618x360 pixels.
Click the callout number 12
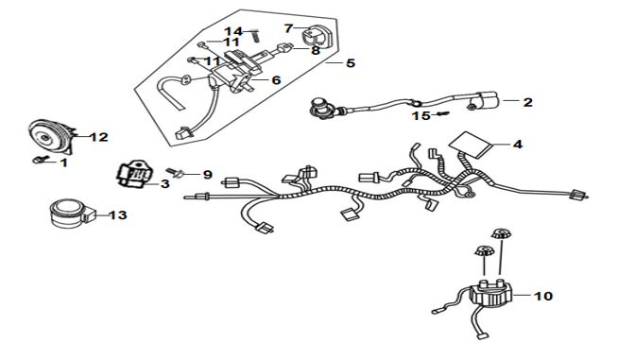[99, 137]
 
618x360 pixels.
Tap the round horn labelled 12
[50, 137]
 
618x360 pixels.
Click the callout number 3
[164, 183]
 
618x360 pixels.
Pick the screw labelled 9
[175, 172]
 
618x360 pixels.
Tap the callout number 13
[118, 215]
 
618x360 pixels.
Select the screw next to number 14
[255, 36]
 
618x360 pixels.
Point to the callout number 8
[316, 51]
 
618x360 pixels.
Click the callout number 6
[276, 80]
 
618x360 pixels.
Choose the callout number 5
[351, 63]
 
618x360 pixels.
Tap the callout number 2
[527, 102]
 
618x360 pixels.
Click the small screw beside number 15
[442, 114]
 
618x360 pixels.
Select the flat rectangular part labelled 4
[471, 145]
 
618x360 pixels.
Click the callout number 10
[543, 296]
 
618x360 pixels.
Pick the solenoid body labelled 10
[490, 294]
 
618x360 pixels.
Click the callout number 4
[518, 145]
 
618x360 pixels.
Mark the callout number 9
[207, 175]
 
